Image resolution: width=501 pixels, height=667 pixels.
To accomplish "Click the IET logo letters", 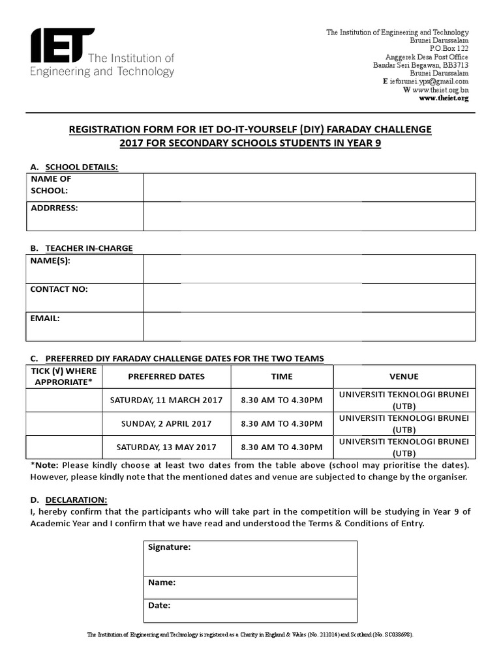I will (x=62, y=46).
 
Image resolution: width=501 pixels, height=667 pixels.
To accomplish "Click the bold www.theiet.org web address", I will (x=443, y=98).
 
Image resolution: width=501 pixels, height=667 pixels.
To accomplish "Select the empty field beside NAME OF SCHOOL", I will (x=309, y=187).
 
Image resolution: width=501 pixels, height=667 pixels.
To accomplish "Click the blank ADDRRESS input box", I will (x=309, y=216).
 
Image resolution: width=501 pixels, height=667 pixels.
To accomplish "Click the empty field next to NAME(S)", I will (x=309, y=269).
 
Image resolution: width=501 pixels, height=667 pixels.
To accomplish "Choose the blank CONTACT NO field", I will (x=309, y=298).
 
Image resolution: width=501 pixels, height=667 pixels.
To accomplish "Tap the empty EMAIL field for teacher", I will (x=309, y=327).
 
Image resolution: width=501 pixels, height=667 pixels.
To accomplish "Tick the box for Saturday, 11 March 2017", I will (x=65, y=400).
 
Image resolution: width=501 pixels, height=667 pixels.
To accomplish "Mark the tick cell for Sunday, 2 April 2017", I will (x=65, y=423).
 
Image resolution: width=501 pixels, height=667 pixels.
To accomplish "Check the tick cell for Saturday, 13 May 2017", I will (x=65, y=447).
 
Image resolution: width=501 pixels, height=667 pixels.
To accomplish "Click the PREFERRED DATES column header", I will (x=166, y=376).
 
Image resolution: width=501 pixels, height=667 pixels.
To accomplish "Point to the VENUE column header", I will (x=404, y=376).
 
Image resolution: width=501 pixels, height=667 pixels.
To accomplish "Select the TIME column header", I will (x=282, y=376).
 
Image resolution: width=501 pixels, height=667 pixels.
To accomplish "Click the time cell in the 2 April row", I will (x=282, y=423).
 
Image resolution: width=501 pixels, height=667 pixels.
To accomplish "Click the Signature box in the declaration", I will (x=249, y=558).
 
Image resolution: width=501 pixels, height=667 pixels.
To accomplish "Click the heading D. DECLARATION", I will (x=68, y=500).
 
